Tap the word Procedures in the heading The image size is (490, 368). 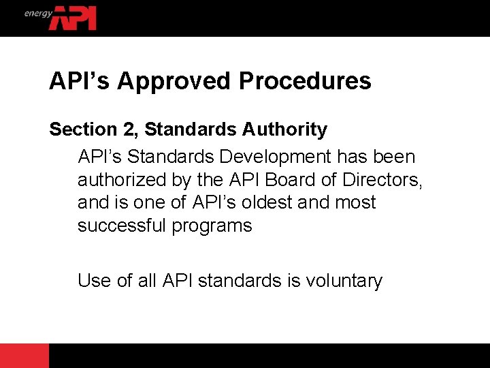pos(305,81)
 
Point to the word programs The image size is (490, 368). pos(212,226)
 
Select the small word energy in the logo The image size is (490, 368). pos(38,13)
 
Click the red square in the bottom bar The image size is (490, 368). pos(24,356)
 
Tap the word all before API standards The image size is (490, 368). pos(147,280)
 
